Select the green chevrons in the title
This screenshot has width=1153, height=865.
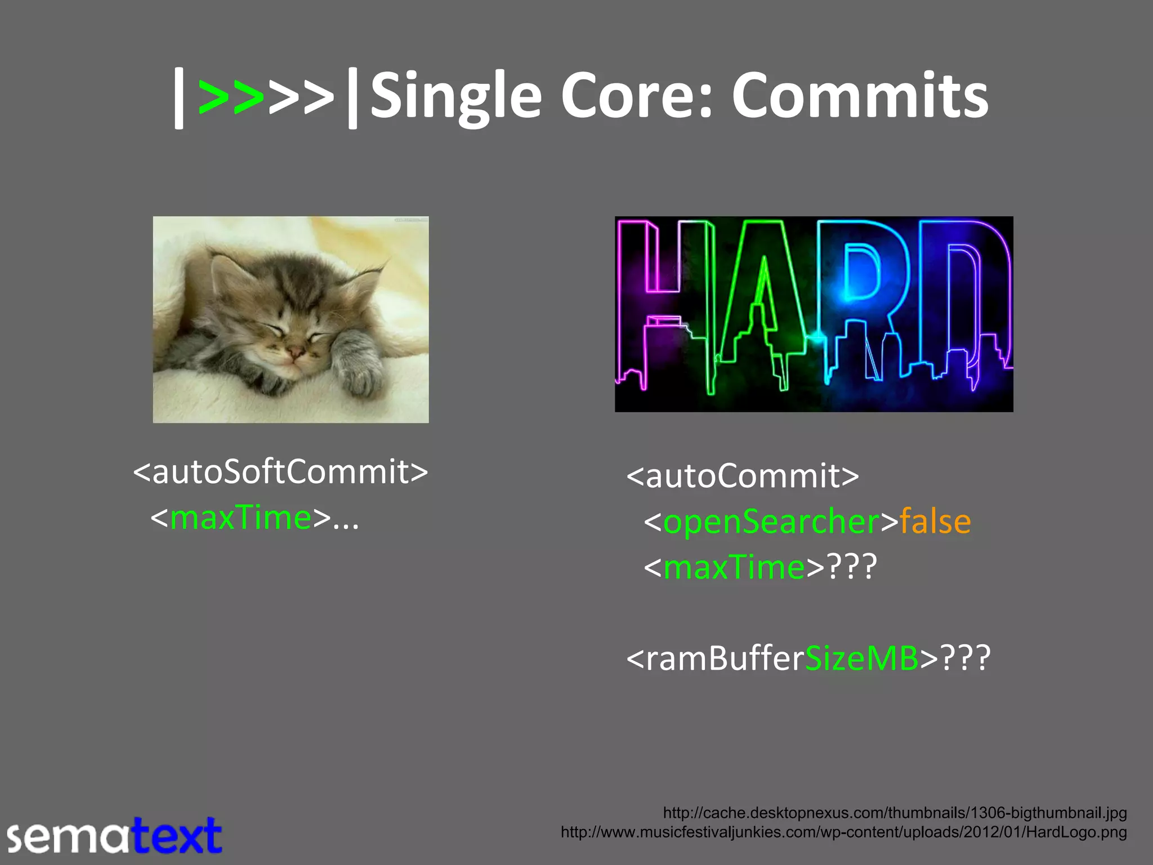[231, 97]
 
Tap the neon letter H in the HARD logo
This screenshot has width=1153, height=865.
[664, 304]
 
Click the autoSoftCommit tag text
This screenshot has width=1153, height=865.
[280, 472]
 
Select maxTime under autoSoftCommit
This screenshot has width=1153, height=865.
[240, 518]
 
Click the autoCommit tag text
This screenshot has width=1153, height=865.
[743, 476]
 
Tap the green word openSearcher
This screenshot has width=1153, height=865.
[771, 521]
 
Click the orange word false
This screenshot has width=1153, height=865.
[935, 521]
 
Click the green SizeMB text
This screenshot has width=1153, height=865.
[862, 658]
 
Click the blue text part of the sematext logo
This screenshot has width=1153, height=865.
[177, 836]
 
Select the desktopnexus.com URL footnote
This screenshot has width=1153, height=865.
[895, 813]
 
